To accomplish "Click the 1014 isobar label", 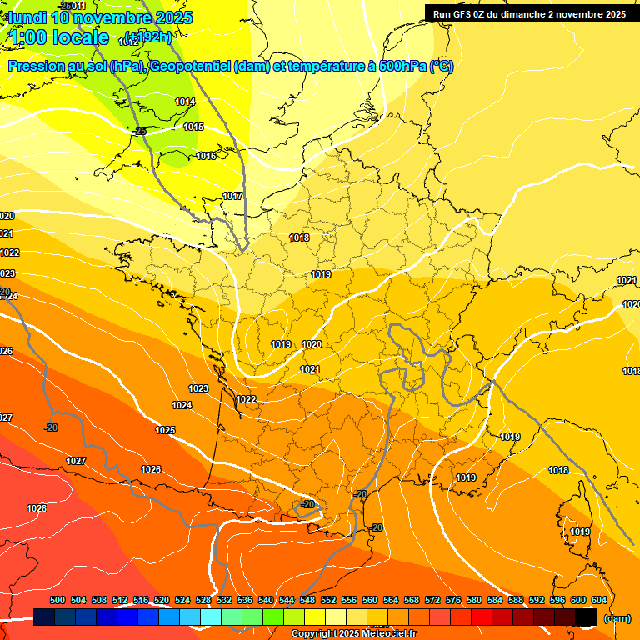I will coord(185,102).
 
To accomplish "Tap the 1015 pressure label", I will coord(193,127).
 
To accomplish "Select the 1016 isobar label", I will coord(206,157).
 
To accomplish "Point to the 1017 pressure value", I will coord(232,197).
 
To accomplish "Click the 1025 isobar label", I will coord(165,431).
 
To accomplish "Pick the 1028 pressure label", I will coord(37,509).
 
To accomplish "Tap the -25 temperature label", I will coord(139,132).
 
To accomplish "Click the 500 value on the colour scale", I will coord(57,601).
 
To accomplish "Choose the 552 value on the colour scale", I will coord(328,601).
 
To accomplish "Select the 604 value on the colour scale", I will coord(599,601).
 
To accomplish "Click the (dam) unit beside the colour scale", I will coord(617,618).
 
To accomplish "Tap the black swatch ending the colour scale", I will coord(586,617).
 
